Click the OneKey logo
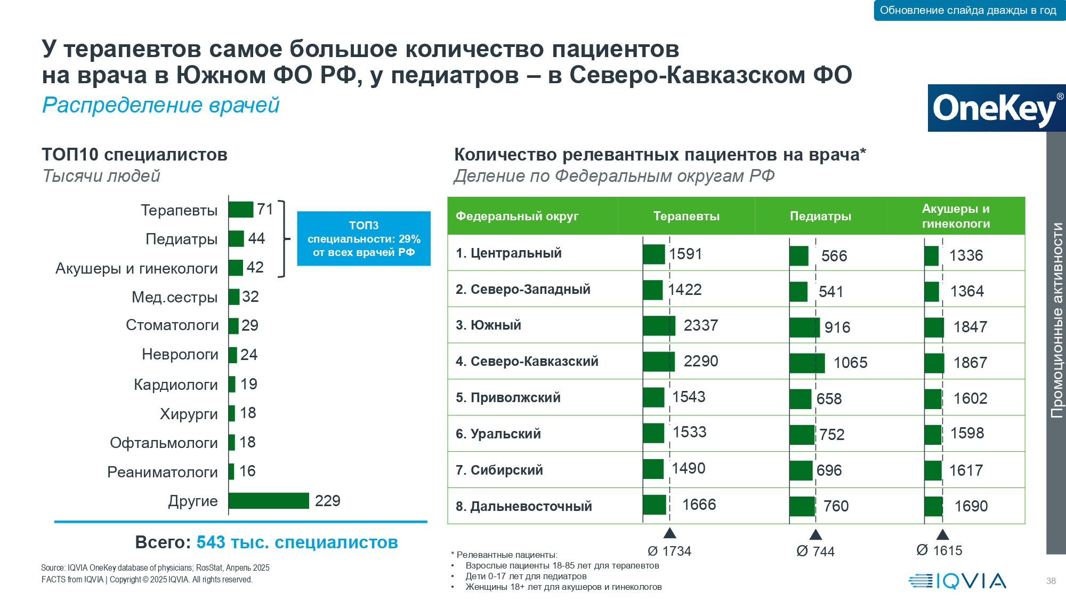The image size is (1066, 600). point(996,108)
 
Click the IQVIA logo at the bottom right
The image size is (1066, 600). point(957,581)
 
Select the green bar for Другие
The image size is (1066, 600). point(269,501)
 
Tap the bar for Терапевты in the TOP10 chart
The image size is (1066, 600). point(241,210)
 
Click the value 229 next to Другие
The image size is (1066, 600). point(327,501)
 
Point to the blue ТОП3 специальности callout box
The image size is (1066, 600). point(364,238)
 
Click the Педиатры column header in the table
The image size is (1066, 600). point(820,216)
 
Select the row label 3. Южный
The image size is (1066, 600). point(488,325)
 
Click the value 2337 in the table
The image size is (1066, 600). point(700,325)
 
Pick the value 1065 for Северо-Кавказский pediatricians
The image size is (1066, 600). point(850,363)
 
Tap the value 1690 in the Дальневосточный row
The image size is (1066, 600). point(971,506)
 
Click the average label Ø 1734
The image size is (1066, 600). point(669,551)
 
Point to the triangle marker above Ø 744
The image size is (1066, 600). point(815,534)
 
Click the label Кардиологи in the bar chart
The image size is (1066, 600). point(175,385)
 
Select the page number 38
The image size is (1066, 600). point(1051,581)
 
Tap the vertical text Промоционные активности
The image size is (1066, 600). point(1056,320)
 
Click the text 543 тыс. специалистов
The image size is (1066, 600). point(297,542)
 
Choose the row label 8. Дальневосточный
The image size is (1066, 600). point(523,506)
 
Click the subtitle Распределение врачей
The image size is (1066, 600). point(160,105)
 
